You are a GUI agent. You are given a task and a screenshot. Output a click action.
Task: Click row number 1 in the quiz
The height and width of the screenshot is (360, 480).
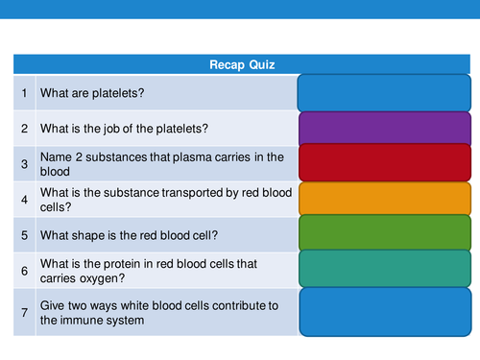(24, 93)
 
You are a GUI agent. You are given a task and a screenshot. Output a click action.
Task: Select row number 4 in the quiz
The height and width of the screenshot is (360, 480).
(24, 200)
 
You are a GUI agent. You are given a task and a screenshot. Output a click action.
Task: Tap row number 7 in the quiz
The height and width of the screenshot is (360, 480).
(24, 313)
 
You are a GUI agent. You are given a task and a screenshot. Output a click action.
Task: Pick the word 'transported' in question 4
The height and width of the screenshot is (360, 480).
(187, 192)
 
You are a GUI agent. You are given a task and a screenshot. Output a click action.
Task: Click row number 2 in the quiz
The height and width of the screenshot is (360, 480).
(24, 128)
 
